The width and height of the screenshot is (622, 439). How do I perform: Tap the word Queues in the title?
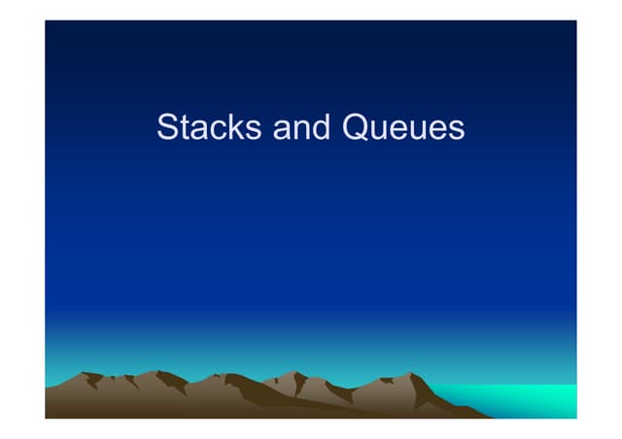[x=402, y=127]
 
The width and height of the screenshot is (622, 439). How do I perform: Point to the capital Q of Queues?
[x=356, y=127]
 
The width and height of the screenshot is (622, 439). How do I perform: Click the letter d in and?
[x=324, y=127]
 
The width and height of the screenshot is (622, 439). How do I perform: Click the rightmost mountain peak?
[x=414, y=374]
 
